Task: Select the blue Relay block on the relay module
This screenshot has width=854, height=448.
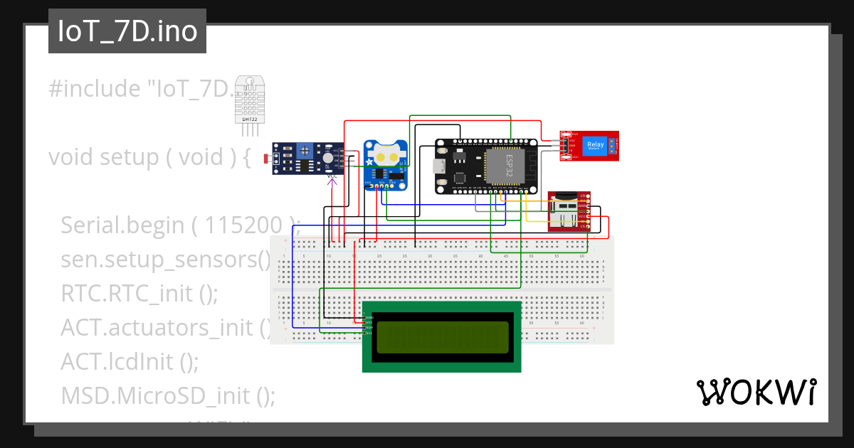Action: click(594, 146)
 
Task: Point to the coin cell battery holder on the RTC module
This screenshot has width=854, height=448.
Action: click(387, 156)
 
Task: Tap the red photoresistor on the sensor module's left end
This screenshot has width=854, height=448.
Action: click(268, 157)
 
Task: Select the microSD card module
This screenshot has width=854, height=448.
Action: click(569, 211)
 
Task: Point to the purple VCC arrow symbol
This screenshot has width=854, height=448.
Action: click(332, 183)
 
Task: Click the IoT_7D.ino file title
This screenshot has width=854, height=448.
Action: click(127, 32)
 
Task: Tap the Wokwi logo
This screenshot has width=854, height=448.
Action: click(756, 392)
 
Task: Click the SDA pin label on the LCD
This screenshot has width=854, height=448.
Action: click(369, 327)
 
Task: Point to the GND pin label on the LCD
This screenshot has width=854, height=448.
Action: click(369, 317)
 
